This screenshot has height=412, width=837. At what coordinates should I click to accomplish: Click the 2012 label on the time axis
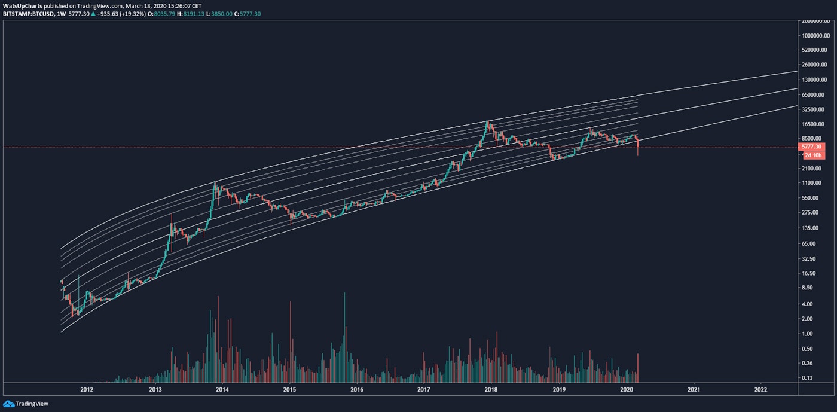pos(87,389)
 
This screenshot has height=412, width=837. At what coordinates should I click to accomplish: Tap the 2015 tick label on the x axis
pos(289,389)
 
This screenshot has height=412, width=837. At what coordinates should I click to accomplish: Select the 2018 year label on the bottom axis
pos(491,389)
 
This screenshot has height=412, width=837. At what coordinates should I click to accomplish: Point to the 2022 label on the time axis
pos(760,389)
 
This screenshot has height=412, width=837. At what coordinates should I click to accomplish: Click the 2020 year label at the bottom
pos(627,389)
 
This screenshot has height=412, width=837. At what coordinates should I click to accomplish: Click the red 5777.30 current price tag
pos(812,147)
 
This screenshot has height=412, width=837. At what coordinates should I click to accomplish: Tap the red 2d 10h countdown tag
pos(812,155)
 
